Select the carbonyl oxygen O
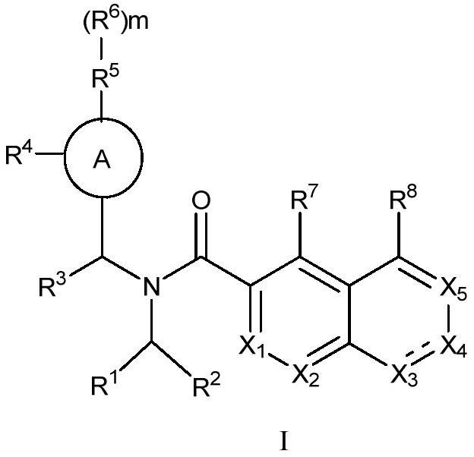(201, 202)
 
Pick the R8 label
(403, 203)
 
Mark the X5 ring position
(454, 286)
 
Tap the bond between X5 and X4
(453, 317)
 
